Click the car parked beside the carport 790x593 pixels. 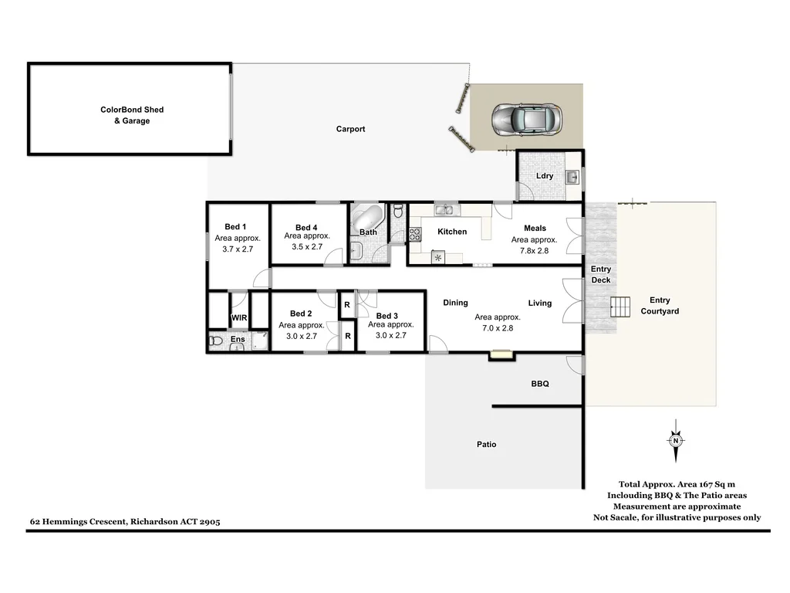[528, 119]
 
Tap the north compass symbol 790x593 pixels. [676, 441]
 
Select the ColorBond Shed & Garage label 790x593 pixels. [132, 115]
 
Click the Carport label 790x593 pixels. [350, 129]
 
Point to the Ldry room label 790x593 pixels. [545, 176]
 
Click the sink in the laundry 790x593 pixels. [572, 178]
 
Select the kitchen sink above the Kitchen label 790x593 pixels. [444, 210]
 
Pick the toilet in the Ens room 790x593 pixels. [216, 340]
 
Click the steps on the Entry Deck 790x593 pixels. [620, 307]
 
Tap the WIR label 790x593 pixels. [239, 318]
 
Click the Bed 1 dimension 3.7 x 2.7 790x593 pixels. [238, 249]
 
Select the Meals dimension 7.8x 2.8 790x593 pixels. [534, 250]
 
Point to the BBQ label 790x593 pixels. [539, 383]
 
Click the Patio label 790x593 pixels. [486, 444]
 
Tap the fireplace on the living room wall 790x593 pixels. [501, 355]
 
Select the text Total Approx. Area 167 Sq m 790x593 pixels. [677, 484]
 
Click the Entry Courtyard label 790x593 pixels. [660, 306]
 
